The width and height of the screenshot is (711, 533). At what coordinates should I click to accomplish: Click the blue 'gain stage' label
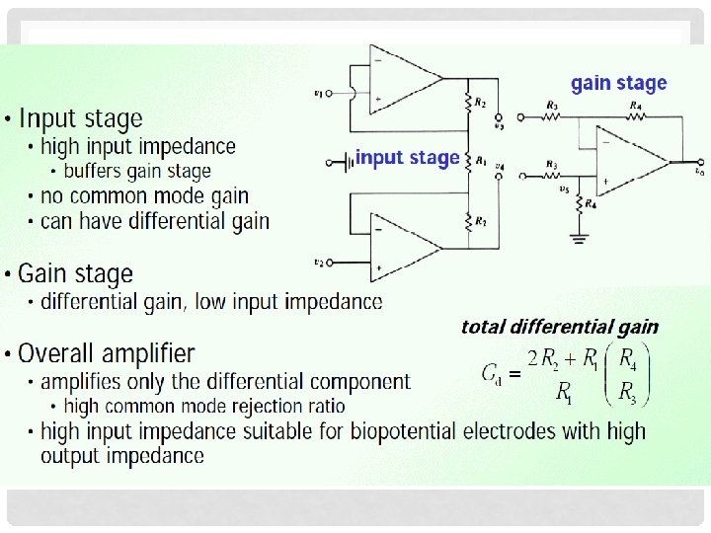click(x=619, y=84)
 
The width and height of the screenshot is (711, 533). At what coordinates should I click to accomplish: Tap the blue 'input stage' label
click(x=407, y=158)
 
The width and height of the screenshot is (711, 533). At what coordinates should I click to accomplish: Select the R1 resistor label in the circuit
click(x=481, y=159)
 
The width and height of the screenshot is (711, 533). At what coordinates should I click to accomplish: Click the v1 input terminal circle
click(x=330, y=95)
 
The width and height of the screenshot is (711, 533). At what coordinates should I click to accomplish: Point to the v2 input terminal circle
click(x=331, y=264)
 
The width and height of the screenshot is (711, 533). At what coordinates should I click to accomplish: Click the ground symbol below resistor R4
click(x=580, y=237)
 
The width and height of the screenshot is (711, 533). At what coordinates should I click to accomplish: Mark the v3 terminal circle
click(x=500, y=116)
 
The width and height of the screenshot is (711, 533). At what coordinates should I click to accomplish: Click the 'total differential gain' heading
click(x=559, y=327)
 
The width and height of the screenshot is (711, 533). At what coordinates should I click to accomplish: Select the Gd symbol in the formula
click(x=491, y=373)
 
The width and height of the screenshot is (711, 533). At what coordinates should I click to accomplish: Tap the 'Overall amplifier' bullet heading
click(x=107, y=353)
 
